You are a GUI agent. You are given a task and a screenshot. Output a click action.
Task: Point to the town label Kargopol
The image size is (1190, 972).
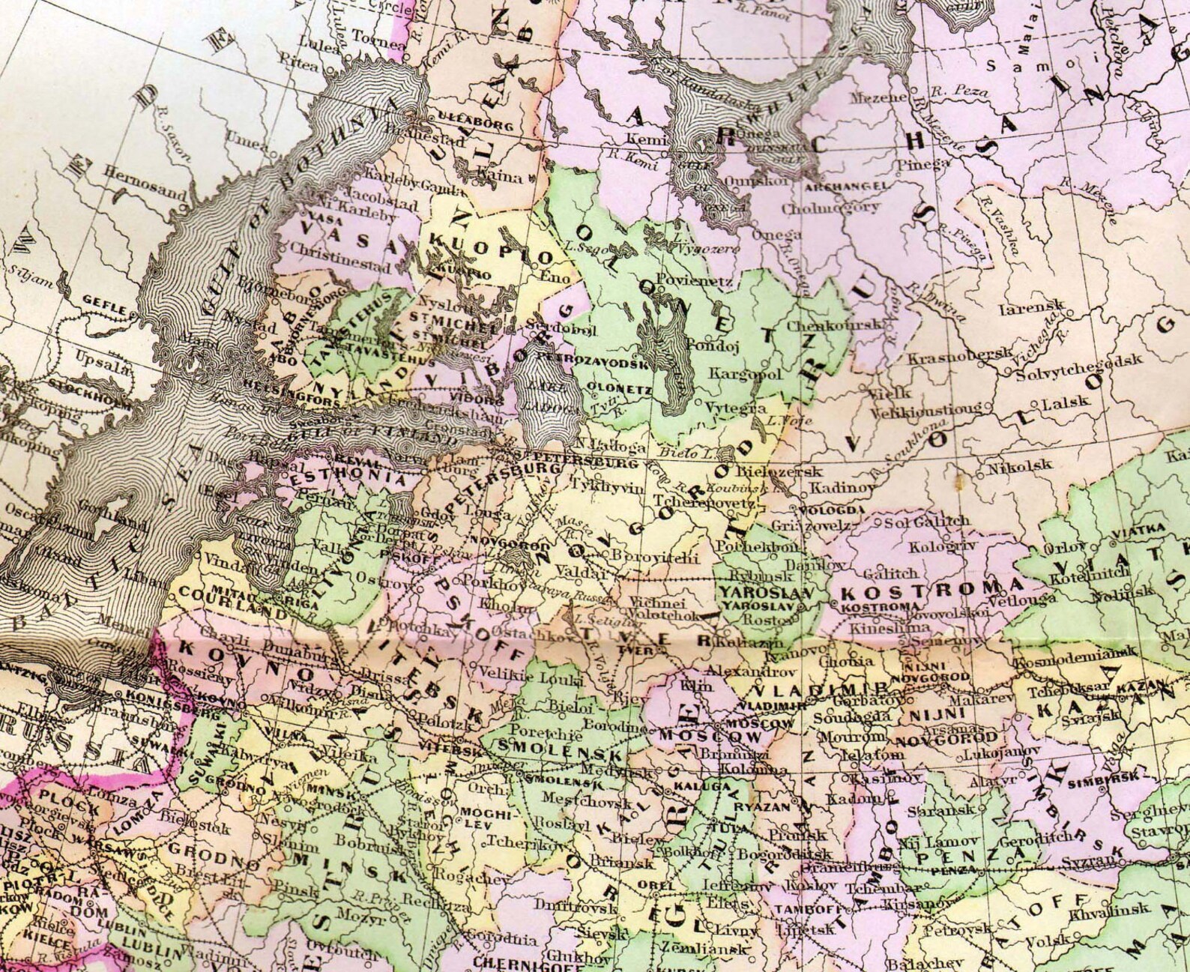click(x=746, y=372)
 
